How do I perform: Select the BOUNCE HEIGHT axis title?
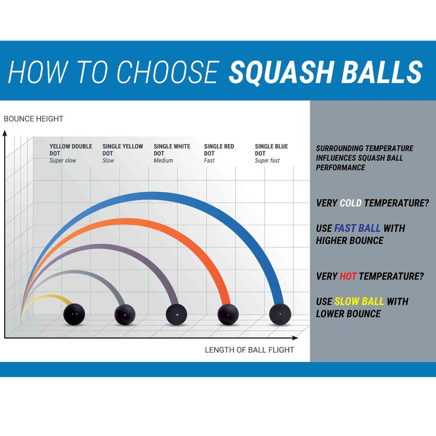pyautogui.click(x=33, y=119)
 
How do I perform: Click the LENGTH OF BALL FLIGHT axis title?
pyautogui.click(x=249, y=350)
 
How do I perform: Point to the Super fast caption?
pyautogui.click(x=267, y=161)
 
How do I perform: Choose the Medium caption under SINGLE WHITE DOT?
pyautogui.click(x=163, y=161)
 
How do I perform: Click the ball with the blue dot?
pyautogui.click(x=280, y=314)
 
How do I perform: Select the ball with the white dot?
pyautogui.click(x=177, y=314)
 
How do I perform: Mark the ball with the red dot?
pyautogui.click(x=228, y=315)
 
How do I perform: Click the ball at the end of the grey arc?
pyautogui.click(x=125, y=314)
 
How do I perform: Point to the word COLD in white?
pyautogui.click(x=351, y=203)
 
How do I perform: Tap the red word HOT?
pyautogui.click(x=348, y=276)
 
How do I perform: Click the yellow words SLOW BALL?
pyautogui.click(x=359, y=301)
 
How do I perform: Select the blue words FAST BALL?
pyautogui.click(x=357, y=228)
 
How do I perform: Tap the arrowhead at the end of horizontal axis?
pyautogui.click(x=295, y=337)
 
